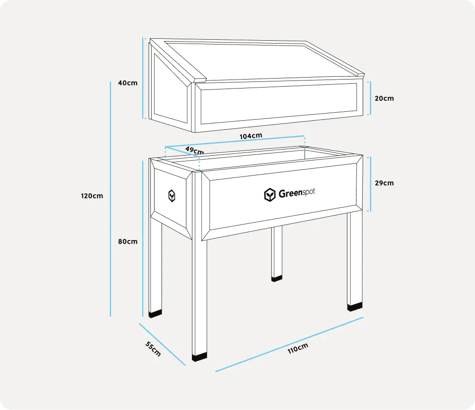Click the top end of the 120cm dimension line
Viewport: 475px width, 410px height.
coord(110,82)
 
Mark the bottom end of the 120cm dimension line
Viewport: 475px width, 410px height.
coord(110,317)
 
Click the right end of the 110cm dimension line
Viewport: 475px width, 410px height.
coord(363,317)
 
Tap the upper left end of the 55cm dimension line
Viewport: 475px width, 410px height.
coord(139,324)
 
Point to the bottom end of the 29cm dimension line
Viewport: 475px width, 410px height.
coord(371,211)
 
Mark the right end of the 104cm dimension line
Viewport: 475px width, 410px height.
coord(304,136)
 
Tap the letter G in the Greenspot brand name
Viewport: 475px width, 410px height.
coord(282,194)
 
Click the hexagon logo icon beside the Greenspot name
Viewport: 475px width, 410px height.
coord(270,195)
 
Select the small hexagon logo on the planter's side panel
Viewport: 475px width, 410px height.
coord(172,196)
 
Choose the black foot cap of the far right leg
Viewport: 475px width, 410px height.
coord(355,307)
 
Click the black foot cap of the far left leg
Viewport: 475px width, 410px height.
coord(155,314)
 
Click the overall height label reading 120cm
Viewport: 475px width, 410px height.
coord(92,196)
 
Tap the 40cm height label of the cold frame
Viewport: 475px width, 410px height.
coord(128,83)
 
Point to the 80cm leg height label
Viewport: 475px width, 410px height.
coord(128,241)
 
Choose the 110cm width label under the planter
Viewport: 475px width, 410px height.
coord(298,348)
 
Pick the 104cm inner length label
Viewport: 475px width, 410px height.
coord(251,136)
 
